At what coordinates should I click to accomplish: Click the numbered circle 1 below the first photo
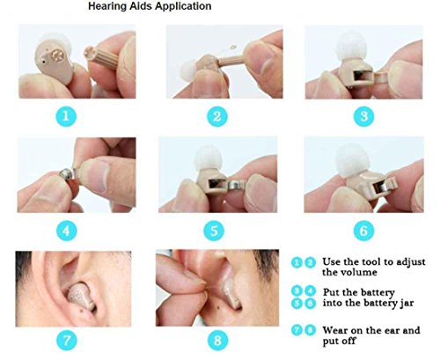click(x=66, y=116)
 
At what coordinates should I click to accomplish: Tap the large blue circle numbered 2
click(x=217, y=116)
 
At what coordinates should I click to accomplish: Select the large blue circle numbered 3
click(x=363, y=116)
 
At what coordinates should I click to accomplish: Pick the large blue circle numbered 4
click(x=66, y=231)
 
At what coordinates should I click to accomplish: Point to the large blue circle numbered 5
click(x=214, y=231)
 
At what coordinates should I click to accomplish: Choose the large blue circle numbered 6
click(x=363, y=231)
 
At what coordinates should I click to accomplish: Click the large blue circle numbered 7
click(x=67, y=341)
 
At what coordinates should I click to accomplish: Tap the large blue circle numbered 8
click(x=217, y=341)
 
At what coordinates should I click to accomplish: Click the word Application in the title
click(x=183, y=6)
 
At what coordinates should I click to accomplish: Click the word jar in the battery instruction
click(x=407, y=303)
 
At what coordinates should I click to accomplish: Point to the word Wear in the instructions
click(x=335, y=330)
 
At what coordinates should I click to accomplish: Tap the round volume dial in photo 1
click(x=56, y=55)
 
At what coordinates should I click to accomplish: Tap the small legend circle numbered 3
click(x=297, y=291)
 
